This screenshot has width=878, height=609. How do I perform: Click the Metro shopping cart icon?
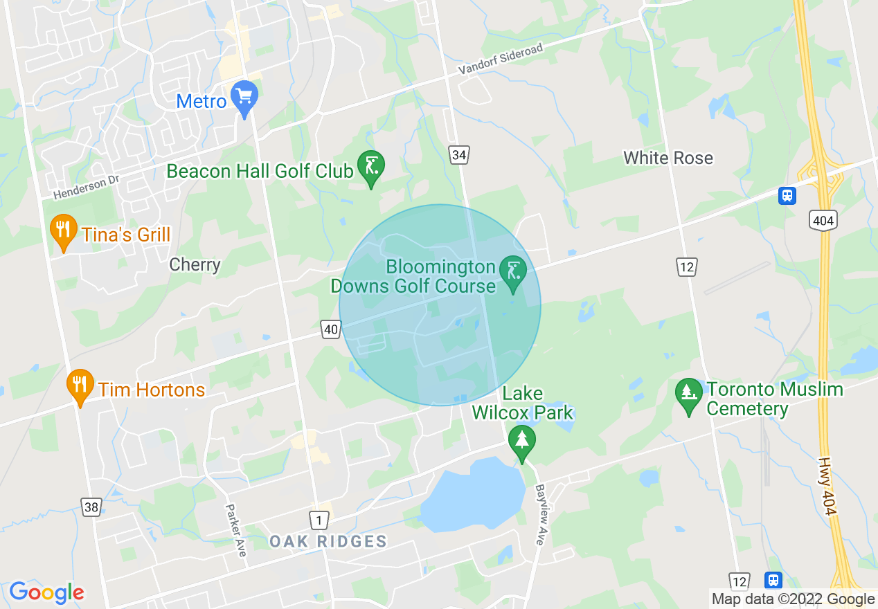(x=244, y=98)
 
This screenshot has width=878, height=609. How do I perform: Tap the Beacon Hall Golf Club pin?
(x=370, y=168)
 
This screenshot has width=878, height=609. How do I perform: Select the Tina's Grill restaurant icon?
(x=64, y=233)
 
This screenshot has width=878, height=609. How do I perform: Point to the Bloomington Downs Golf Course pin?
(x=513, y=274)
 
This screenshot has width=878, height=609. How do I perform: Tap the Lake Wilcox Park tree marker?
(x=522, y=443)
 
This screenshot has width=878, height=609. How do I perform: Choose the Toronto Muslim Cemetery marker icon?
(x=689, y=396)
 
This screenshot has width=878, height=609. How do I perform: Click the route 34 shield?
(x=458, y=155)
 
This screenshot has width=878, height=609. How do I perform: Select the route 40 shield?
(x=331, y=330)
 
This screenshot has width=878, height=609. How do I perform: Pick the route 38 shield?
(x=91, y=507)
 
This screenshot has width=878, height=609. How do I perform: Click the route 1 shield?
(x=319, y=519)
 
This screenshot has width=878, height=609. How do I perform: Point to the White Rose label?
(x=668, y=158)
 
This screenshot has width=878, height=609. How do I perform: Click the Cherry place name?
(x=195, y=264)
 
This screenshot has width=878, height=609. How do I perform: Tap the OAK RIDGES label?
(x=328, y=541)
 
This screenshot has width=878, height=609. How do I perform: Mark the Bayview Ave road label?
(x=541, y=514)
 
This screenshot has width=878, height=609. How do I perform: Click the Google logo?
(x=46, y=592)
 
